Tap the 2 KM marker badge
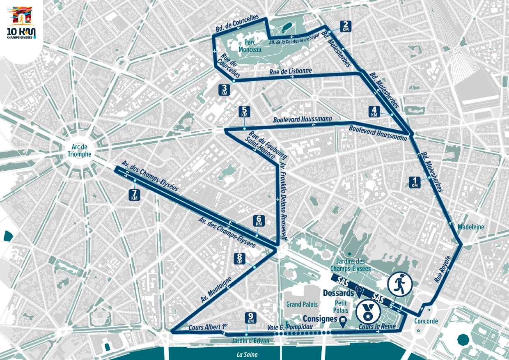tap(346, 26)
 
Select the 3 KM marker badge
tap(224, 90)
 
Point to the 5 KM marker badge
tap(245, 111)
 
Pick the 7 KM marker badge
tap(134, 195)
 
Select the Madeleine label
tap(471, 227)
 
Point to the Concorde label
tap(426, 321)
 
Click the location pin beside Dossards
tap(360, 292)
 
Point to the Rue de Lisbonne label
tap(291, 71)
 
